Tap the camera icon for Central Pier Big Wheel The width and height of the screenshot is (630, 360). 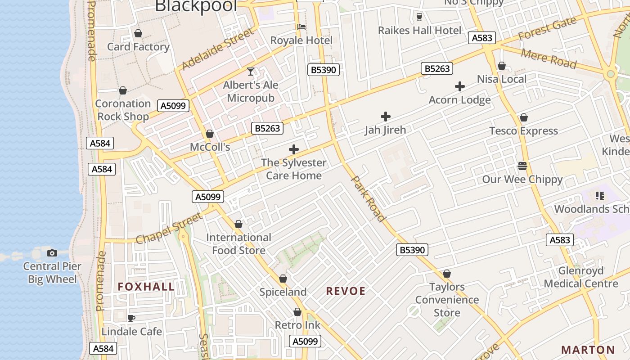point(52,253)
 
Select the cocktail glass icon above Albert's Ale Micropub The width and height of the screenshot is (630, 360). point(251,71)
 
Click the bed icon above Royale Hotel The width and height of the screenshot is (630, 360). point(301,27)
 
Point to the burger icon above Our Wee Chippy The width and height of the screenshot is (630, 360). point(522,166)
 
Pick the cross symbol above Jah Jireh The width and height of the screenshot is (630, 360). point(385,117)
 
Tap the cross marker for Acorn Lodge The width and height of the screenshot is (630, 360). point(460,86)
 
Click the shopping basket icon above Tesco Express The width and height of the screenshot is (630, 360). point(523,117)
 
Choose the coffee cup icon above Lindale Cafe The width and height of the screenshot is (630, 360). point(131,318)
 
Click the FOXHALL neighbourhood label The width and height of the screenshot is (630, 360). point(146,287)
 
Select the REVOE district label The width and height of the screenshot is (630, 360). point(346,291)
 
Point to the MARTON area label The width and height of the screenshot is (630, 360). point(588,350)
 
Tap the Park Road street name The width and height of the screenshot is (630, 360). point(368,198)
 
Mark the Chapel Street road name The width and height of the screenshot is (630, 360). point(169,229)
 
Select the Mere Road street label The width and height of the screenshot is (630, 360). point(549,59)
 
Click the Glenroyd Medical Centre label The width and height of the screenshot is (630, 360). point(581,277)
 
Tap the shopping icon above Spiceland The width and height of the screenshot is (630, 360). point(283,279)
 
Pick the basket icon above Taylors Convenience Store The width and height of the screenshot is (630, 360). point(447,274)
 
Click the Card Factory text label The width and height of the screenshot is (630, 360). point(138,46)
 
